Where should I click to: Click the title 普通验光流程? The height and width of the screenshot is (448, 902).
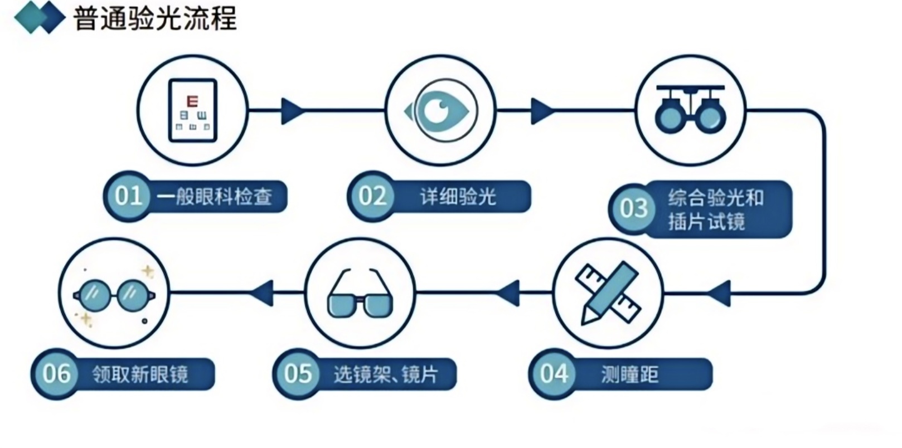coord(155,18)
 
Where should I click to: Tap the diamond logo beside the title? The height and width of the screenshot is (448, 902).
coord(40,17)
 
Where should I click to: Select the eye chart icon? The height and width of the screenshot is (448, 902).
coord(192,110)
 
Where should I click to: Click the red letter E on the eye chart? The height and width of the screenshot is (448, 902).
coord(192,100)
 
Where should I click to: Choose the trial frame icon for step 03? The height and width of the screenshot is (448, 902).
coord(690,109)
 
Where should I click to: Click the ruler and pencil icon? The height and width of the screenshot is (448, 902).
coord(608,293)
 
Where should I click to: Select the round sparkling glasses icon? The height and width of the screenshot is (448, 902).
coord(114,295)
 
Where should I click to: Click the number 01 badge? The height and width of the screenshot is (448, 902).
coord(128,196)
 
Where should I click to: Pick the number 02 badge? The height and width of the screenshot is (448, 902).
coord(372,196)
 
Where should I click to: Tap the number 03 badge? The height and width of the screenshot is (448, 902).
coord(633,208)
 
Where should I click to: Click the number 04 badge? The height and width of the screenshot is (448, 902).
coord(554,374)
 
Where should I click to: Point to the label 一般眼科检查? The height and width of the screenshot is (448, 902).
coord(214,197)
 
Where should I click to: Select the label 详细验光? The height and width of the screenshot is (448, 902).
coord(458,197)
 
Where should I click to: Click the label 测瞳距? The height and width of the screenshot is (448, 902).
coord(630,374)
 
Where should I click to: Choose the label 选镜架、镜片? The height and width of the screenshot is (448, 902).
coord(386,374)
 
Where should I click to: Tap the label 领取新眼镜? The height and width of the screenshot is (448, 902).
coord(140,374)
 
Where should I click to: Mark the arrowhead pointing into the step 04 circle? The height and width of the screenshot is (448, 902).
coord(719,294)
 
